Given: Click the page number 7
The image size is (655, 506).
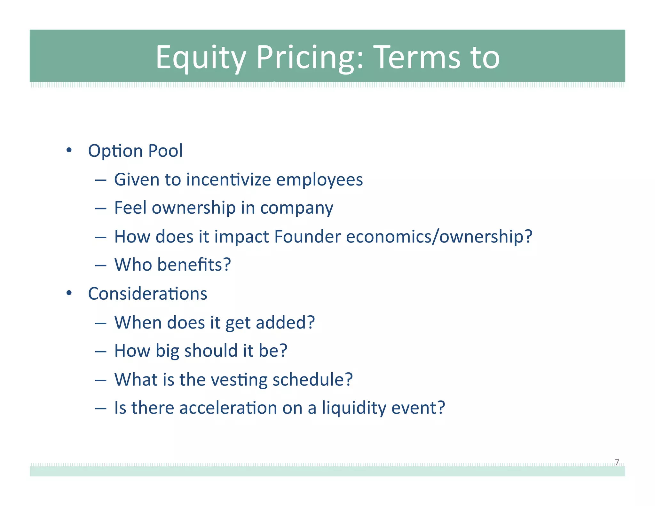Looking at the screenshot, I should (x=617, y=462).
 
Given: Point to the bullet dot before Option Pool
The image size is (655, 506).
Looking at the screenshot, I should (x=69, y=150).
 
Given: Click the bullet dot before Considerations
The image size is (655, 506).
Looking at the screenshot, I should (x=69, y=293).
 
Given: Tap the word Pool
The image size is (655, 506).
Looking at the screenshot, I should (x=166, y=151).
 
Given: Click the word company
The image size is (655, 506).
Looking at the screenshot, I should (x=296, y=209).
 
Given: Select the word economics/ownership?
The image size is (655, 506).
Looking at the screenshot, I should (x=439, y=237).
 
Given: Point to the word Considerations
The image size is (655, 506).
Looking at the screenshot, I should (x=147, y=294).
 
